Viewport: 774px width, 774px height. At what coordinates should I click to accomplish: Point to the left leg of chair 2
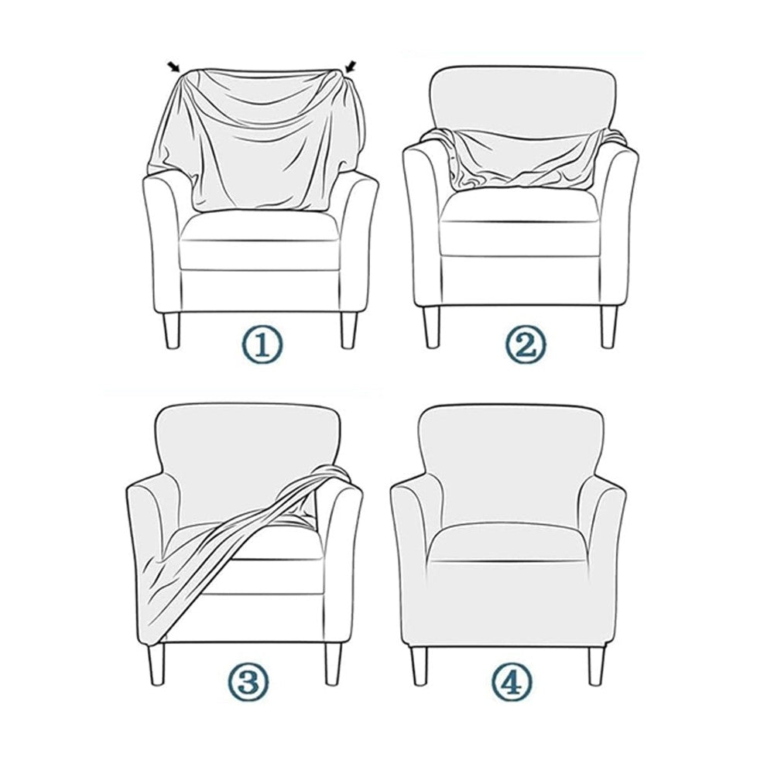[430, 325]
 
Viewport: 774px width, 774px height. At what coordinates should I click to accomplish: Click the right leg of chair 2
[609, 325]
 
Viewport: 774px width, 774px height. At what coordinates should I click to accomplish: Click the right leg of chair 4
[596, 664]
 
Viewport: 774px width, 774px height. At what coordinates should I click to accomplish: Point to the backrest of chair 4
[507, 457]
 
